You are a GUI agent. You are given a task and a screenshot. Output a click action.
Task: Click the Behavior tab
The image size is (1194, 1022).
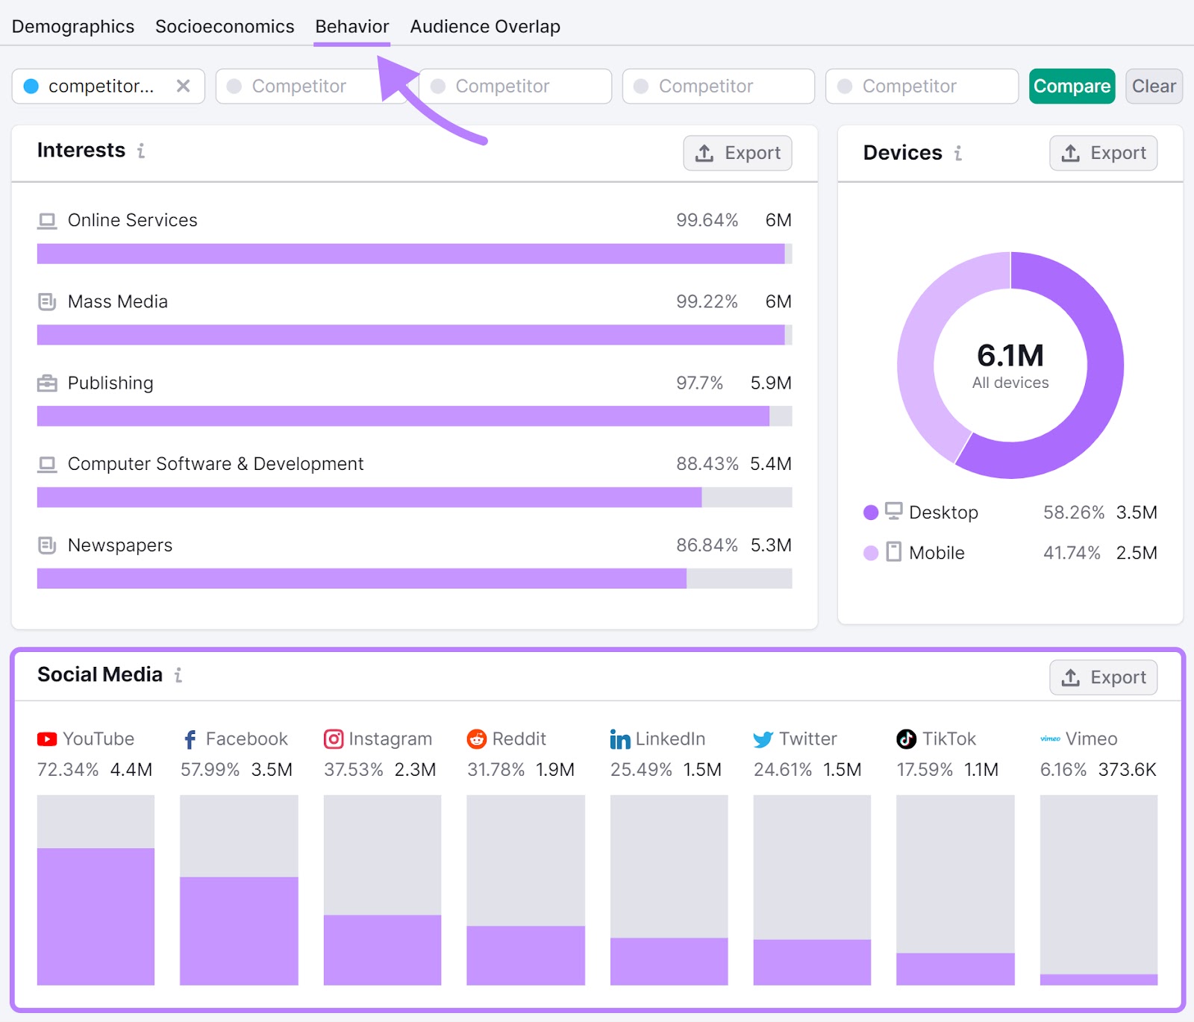(x=351, y=27)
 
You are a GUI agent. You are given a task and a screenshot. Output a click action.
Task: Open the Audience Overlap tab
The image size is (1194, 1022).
(x=484, y=27)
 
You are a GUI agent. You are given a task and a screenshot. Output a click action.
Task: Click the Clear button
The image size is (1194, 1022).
(x=1153, y=87)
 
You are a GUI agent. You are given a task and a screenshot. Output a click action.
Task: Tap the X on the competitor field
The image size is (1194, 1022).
(x=183, y=87)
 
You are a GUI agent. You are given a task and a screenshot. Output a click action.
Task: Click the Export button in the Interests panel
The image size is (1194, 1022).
(x=737, y=153)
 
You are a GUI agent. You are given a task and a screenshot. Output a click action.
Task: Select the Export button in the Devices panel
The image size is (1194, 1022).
(x=1103, y=153)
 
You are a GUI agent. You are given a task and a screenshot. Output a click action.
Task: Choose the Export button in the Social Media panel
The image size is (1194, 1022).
(x=1103, y=677)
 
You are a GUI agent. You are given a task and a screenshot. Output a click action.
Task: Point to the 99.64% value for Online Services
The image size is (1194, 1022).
(x=706, y=221)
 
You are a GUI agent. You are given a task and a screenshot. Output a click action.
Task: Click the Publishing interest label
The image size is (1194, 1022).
(x=110, y=383)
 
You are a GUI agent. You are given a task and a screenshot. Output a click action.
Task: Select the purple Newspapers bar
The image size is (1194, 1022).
(x=361, y=579)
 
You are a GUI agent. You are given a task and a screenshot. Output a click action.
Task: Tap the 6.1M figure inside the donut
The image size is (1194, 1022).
(x=1010, y=356)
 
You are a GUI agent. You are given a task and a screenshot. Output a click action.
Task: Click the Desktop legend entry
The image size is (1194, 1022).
(x=943, y=512)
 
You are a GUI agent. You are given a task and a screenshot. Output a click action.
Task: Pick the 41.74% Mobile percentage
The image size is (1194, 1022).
(x=1071, y=553)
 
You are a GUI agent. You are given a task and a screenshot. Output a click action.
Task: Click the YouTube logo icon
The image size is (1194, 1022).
(x=47, y=739)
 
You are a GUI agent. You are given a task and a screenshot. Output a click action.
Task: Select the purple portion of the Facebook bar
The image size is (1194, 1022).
(x=239, y=930)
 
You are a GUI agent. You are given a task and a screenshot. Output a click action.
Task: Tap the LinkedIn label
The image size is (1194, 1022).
(x=669, y=739)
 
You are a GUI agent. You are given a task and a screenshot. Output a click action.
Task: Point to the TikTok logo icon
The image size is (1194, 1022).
(x=906, y=739)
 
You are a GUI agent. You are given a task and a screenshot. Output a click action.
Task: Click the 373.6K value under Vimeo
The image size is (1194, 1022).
(x=1127, y=770)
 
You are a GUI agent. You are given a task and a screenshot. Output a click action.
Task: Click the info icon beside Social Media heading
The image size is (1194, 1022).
(x=178, y=675)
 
